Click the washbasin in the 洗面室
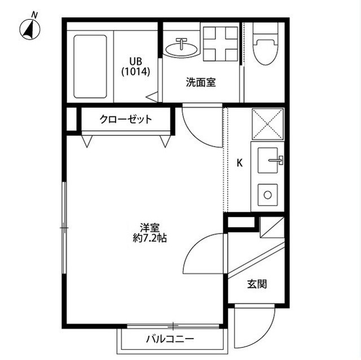(x=182, y=48)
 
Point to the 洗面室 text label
(x=201, y=82)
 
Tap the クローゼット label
(x=126, y=119)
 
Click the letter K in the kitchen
(x=239, y=163)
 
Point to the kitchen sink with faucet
(x=268, y=161)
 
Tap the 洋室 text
(x=150, y=228)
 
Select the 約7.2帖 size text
(x=150, y=238)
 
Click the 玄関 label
(x=257, y=285)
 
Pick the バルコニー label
(x=170, y=339)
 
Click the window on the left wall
(x=64, y=228)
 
